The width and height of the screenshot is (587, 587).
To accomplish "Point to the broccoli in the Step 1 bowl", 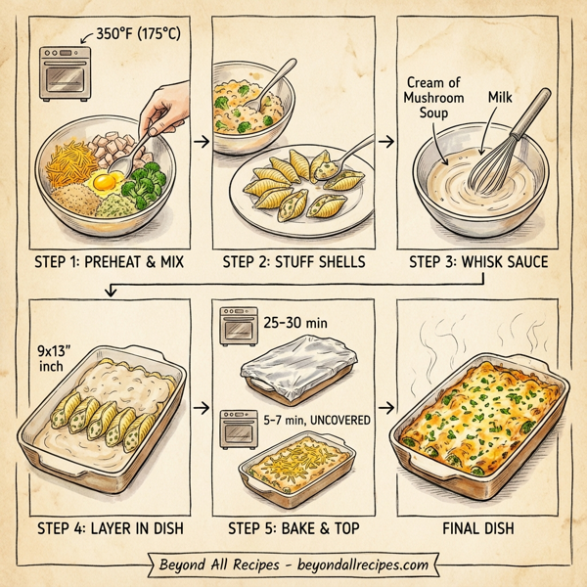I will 149,180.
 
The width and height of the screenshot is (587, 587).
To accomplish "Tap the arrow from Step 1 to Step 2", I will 200,143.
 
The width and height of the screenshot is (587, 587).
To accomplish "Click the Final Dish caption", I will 479,529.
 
